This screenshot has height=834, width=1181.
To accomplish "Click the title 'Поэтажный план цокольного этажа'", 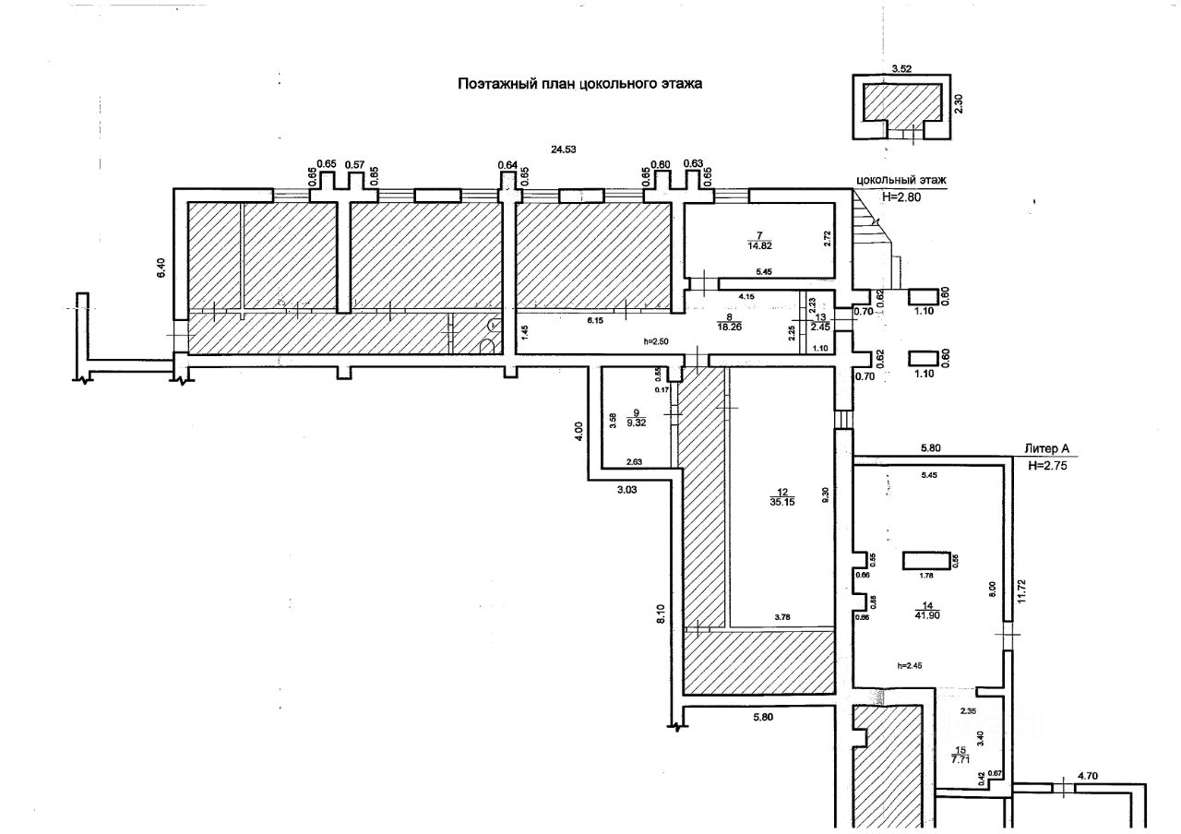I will coord(580,83).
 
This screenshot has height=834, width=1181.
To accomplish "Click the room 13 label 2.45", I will coord(820,326).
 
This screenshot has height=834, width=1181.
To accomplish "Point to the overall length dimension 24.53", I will coord(564,149).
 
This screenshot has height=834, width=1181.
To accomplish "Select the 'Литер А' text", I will coord(1046,448).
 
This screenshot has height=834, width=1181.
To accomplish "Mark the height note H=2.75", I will coord(1048,466).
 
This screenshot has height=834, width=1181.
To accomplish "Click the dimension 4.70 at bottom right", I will coord(1089,778).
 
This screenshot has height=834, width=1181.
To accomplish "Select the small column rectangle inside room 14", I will coord(924,561).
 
